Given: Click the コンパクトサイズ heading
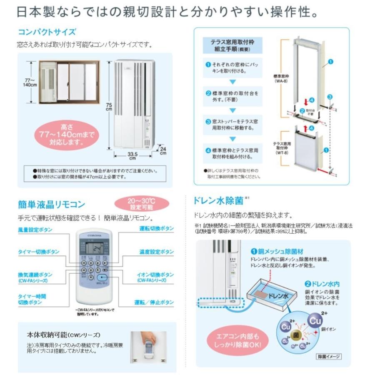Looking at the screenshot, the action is click(x=47, y=32).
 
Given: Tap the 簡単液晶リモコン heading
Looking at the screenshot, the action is click(x=52, y=205).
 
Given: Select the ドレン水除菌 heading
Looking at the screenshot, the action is click(x=218, y=200).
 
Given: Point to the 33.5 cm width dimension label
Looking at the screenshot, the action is click(x=132, y=156).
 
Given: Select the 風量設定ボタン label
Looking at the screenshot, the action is click(x=35, y=230).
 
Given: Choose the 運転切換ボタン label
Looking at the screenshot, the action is click(x=157, y=230).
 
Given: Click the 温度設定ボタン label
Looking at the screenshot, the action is click(x=157, y=252).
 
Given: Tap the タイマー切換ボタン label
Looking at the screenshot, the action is click(x=38, y=252).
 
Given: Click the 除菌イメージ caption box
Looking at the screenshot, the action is click(x=329, y=356).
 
